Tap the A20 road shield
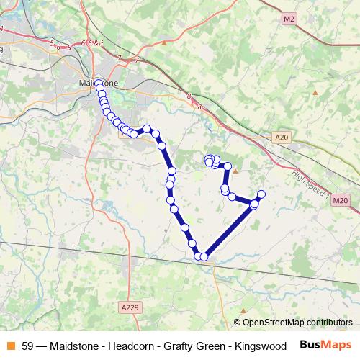[x=281, y=135]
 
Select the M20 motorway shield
[x=341, y=200]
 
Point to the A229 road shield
[x=128, y=307]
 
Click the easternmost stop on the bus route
[x=261, y=194]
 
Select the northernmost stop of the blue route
[x=99, y=84]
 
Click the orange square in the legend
[x=10, y=345]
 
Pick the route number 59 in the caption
[x=27, y=346]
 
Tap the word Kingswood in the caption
[x=257, y=346]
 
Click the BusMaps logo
[x=325, y=345]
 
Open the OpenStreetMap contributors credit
[x=297, y=323]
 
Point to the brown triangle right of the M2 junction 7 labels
[x=164, y=43]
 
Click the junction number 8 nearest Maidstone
[x=188, y=95]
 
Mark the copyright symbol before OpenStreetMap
[x=238, y=323]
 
